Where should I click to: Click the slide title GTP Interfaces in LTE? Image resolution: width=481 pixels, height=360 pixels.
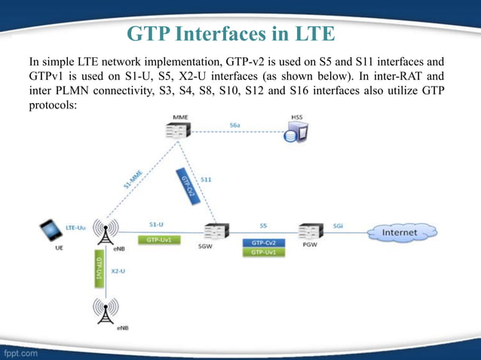coord(231,34)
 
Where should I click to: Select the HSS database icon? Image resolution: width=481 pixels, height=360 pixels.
coord(295,133)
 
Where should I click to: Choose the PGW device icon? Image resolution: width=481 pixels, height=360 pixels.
coord(310,230)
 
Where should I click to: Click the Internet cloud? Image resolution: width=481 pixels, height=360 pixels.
coord(400,233)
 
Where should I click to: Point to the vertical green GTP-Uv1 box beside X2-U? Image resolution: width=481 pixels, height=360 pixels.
coord(98,269)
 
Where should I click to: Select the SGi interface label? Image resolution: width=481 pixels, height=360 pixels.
coord(340,224)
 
